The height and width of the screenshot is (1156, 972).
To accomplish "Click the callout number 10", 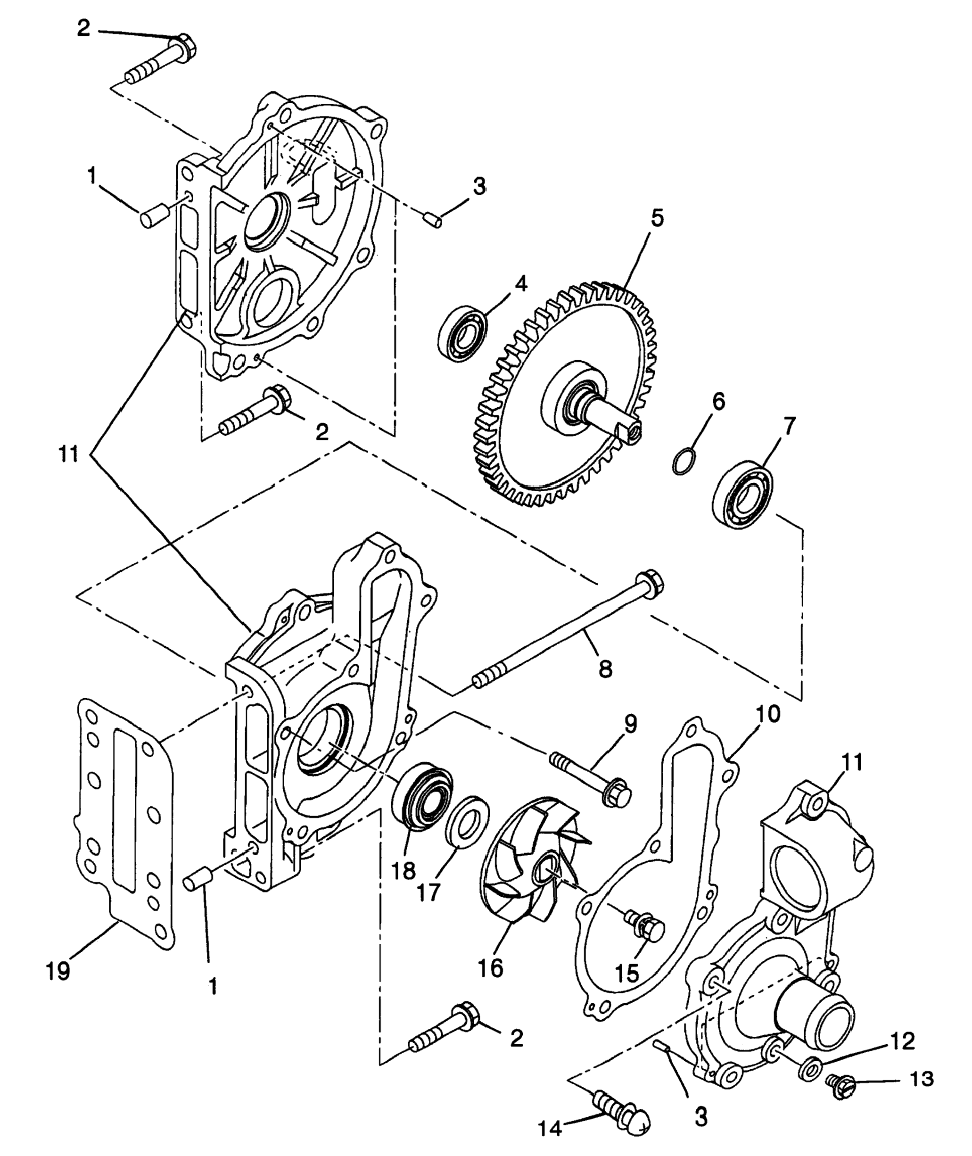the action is pyautogui.click(x=768, y=715).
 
